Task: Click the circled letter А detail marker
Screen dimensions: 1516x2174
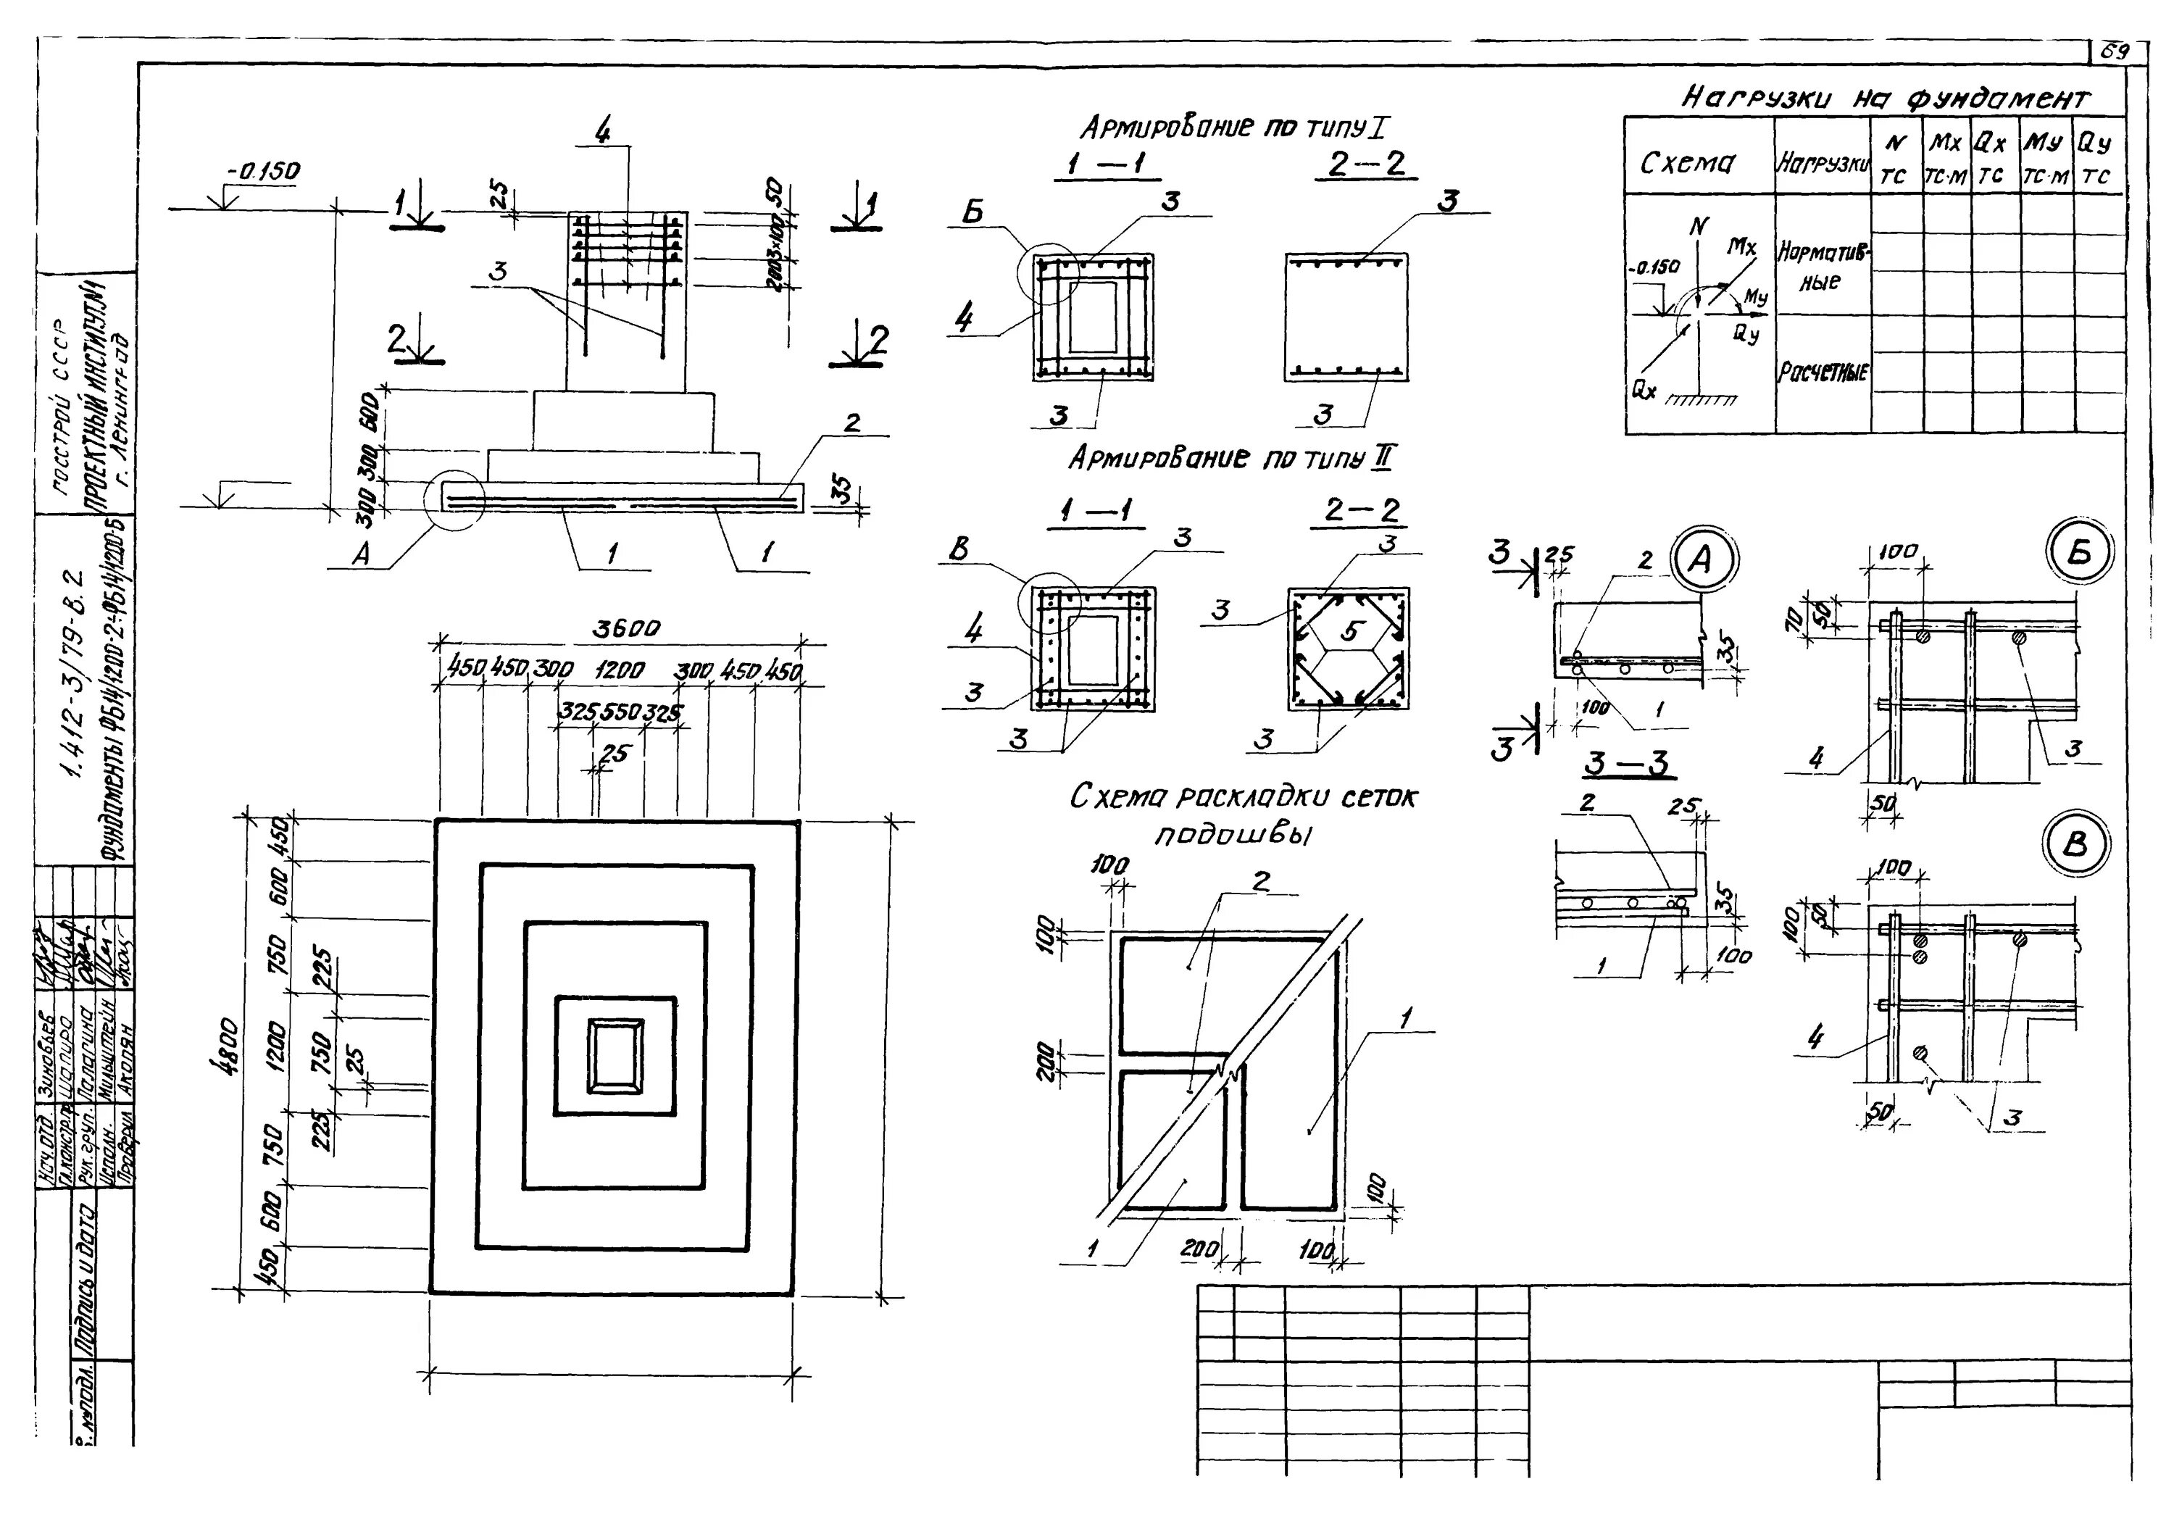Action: [x=1702, y=561]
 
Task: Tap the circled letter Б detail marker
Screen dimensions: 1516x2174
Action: [x=2079, y=553]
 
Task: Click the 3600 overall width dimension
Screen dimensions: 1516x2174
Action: [x=626, y=629]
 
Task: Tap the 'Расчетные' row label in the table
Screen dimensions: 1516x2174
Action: [x=1823, y=372]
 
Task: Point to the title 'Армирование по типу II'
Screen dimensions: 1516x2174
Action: [x=1231, y=459]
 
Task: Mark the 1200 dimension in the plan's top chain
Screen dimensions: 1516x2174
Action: [x=620, y=670]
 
